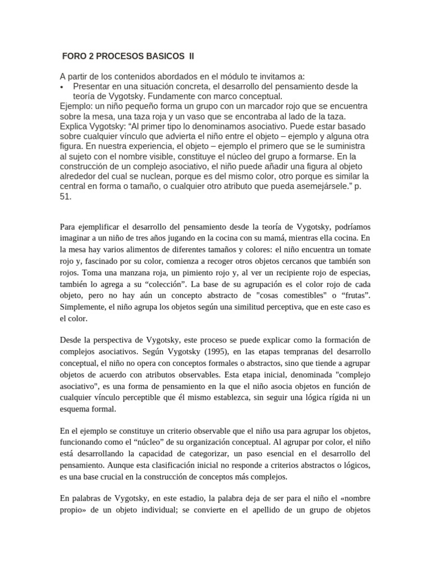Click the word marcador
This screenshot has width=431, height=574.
coord(220,107)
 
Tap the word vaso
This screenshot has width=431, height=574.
coord(198,117)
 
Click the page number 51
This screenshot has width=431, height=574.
coord(66,197)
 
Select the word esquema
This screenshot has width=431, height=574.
coord(76,409)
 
